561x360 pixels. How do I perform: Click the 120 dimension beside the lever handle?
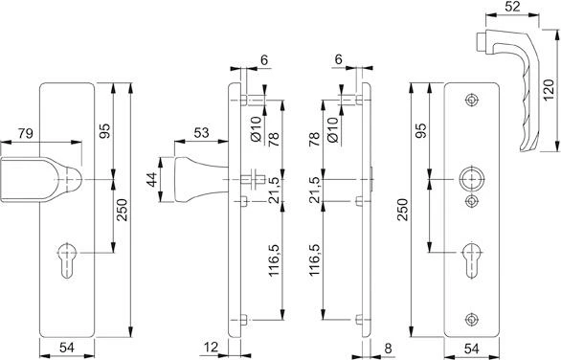tap(550, 91)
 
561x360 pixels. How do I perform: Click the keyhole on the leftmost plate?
tap(67, 261)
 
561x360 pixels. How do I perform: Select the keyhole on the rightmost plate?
tap(470, 259)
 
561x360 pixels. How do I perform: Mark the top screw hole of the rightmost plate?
tap(469, 101)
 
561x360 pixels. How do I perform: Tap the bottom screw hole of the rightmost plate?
tap(469, 319)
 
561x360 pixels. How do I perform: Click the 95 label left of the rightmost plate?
tap(420, 132)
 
